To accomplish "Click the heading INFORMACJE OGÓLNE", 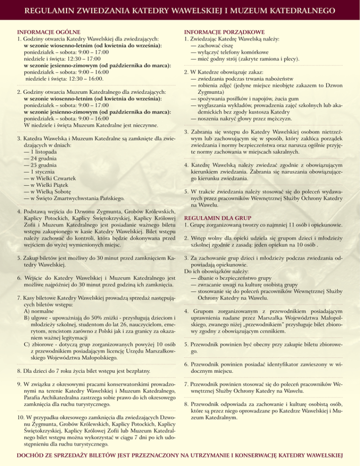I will (x=45, y=30).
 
